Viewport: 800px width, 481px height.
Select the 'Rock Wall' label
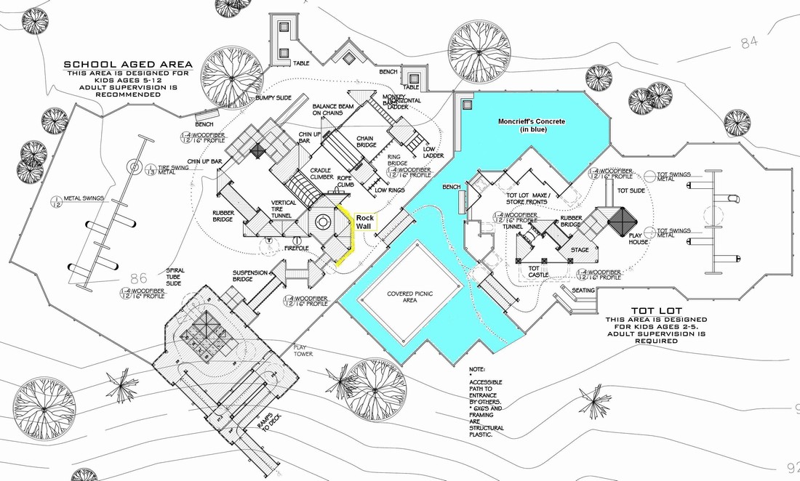pyautogui.click(x=364, y=222)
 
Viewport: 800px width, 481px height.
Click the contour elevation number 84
pyautogui.click(x=749, y=43)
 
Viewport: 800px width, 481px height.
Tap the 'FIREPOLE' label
pyautogui.click(x=297, y=248)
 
